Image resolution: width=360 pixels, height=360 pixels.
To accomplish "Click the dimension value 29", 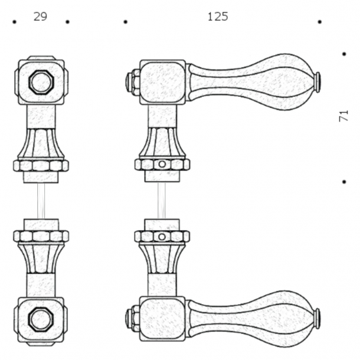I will pyautogui.click(x=40, y=17).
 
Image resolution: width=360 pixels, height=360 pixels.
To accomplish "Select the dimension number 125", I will pyautogui.click(x=217, y=17).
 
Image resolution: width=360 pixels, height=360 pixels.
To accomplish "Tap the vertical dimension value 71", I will pyautogui.click(x=343, y=116).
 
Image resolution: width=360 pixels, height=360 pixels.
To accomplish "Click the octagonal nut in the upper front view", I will pyautogui.click(x=41, y=81).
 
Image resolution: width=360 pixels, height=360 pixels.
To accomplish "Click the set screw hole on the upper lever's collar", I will pyautogui.click(x=162, y=165).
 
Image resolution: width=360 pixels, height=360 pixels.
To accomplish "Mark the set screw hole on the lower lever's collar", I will pyautogui.click(x=162, y=237).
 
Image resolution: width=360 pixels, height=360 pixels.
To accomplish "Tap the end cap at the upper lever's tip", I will pyautogui.click(x=318, y=81).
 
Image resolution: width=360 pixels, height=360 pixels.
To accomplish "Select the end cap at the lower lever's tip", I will pyautogui.click(x=318, y=319).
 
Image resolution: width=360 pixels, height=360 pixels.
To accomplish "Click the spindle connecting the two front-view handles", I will pyautogui.click(x=41, y=201).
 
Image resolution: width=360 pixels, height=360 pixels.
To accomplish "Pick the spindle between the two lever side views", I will pyautogui.click(x=162, y=201).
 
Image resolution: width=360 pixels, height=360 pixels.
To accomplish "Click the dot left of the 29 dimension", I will pyautogui.click(x=14, y=22).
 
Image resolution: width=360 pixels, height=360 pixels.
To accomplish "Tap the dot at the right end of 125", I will pyautogui.click(x=319, y=22).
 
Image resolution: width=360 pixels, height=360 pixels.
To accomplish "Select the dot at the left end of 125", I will pyautogui.click(x=125, y=22).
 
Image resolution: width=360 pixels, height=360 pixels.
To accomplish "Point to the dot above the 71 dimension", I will pyautogui.click(x=344, y=54).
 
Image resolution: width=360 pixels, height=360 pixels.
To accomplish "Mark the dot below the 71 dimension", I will pyautogui.click(x=344, y=182).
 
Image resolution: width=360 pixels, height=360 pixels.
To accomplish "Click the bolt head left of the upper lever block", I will pyautogui.click(x=132, y=82).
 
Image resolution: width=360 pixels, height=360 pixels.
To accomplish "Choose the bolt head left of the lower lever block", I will pyautogui.click(x=132, y=319).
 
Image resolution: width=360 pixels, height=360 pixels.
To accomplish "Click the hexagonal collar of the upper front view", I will pyautogui.click(x=41, y=166).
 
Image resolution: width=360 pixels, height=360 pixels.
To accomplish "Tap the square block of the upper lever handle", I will pyautogui.click(x=162, y=82).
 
